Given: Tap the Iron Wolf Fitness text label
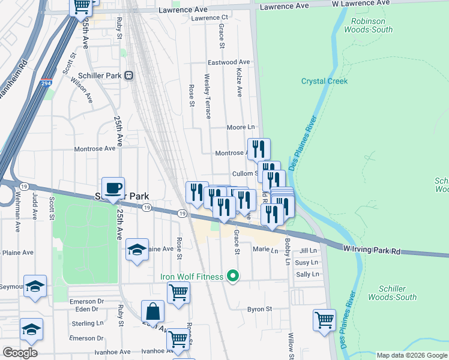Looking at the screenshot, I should [191, 277].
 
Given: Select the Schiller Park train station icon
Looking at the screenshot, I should [128, 76].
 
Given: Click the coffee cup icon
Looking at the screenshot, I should [113, 188].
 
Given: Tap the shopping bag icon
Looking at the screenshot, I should [152, 311].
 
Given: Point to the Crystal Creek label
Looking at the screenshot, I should [324, 81].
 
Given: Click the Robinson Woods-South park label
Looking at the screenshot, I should [368, 25].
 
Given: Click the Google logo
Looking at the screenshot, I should [20, 352].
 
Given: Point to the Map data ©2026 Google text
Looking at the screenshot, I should [411, 355].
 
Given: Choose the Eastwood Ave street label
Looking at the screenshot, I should [228, 62].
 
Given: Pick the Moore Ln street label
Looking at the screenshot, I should [241, 127].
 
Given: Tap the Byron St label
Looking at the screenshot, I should [260, 310].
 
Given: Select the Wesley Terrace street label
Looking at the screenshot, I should [208, 95].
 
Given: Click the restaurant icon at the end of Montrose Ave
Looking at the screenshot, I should [259, 148].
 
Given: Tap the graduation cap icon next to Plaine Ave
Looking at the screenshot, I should [137, 249].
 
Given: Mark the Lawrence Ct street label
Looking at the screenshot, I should [209, 18].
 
